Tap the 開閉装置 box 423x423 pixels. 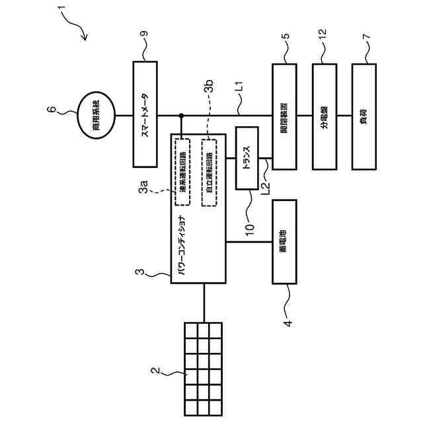pos(284,116)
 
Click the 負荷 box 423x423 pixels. pos(364,116)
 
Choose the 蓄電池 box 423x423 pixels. pos(284,241)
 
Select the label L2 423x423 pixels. pos(266,190)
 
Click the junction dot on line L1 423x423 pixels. pos(181,116)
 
